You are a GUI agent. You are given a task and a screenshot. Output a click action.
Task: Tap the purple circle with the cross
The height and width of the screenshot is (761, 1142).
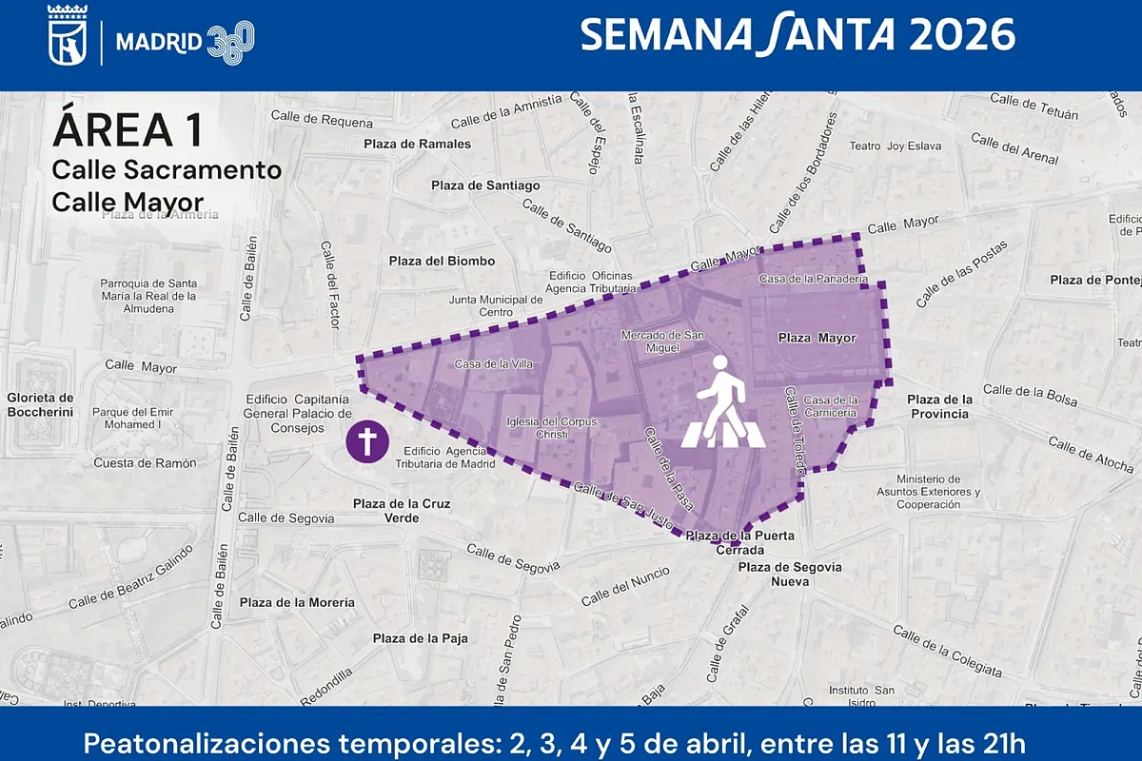coord(365,443)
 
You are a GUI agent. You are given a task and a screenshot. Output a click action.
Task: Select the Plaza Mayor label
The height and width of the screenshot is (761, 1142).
coord(817,338)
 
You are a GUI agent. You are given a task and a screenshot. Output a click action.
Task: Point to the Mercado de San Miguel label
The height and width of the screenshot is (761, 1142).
coord(662,341)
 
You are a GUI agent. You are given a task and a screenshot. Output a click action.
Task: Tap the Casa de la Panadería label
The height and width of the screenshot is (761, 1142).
coord(813,280)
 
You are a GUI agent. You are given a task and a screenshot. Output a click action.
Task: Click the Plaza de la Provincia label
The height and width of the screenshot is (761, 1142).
coord(938,406)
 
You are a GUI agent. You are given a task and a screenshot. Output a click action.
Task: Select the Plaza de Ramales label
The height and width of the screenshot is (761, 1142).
coord(418,144)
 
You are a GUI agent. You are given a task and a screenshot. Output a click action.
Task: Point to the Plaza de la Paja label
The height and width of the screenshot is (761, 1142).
coord(420,638)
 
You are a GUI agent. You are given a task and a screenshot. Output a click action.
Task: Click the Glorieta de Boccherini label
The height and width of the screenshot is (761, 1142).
coord(40,404)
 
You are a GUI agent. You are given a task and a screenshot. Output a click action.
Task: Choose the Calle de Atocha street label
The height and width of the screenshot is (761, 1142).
coord(1091,455)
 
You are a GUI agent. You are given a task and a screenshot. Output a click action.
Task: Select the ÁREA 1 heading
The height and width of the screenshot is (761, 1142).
coord(128,130)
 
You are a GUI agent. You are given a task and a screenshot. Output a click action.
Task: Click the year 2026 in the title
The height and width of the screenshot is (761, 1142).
coord(961,35)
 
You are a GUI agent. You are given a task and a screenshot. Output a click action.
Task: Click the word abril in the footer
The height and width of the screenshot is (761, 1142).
coord(675,742)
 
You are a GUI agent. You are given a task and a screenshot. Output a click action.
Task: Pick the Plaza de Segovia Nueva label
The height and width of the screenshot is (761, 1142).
coord(790,574)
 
